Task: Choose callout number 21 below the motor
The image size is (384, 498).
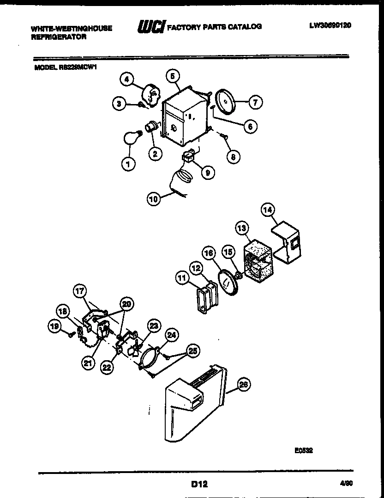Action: pos(88,364)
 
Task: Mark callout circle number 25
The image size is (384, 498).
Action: pos(192,351)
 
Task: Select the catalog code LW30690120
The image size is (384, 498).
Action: pos(330,26)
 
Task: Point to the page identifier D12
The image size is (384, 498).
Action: pos(198,485)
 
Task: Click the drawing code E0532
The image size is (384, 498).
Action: pos(305,450)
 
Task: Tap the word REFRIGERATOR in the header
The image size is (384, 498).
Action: pos(59,37)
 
